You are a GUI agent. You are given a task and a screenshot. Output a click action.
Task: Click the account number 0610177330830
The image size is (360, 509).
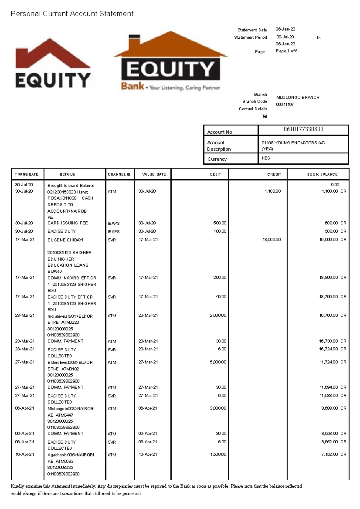tap(303, 129)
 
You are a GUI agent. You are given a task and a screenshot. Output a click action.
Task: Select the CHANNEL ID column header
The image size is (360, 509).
tap(119, 174)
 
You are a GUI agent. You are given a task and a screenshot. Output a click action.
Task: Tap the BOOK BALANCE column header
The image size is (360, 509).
tap(322, 174)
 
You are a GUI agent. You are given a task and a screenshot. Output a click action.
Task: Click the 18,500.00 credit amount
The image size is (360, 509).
tap(271, 240)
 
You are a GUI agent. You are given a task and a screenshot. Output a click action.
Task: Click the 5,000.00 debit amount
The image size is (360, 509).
tap(218, 362)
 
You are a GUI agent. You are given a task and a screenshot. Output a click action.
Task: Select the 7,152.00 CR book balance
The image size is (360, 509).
tap(333, 454)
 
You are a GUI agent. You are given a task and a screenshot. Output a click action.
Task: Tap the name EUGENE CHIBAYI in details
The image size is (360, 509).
tap(65, 240)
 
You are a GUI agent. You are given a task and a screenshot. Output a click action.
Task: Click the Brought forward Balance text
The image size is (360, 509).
tap(71, 185)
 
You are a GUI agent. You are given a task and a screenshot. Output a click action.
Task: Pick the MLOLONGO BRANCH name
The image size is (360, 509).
tap(298, 97)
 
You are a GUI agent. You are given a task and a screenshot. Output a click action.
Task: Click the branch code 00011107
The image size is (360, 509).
tap(285, 104)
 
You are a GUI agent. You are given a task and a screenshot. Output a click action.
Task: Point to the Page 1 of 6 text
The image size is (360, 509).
tap(286, 51)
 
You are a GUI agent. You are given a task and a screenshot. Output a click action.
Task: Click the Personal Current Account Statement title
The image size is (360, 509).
tap(72, 14)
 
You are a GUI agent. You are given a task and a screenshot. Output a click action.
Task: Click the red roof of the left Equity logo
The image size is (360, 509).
tap(52, 54)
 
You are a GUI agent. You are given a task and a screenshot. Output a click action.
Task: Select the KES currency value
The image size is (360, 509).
tap(266, 158)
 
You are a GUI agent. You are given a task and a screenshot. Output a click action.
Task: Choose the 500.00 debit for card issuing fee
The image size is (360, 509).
tap(220, 223)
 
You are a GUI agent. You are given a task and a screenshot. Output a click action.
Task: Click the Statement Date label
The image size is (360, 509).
tap(252, 30)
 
